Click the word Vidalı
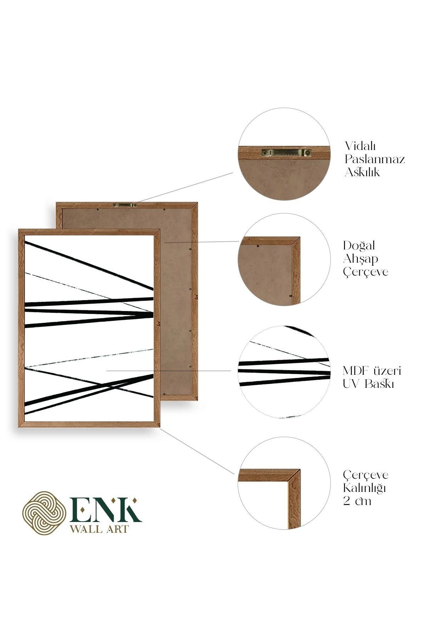(360, 146)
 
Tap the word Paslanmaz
(375, 159)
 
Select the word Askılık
(362, 172)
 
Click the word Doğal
(358, 246)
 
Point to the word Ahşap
(360, 259)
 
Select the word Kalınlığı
(364, 488)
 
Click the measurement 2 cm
(357, 501)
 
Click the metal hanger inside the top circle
(286, 153)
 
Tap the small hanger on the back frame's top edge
(125, 205)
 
